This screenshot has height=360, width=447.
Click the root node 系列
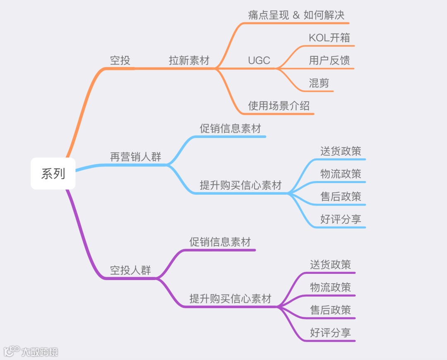(x=53, y=174)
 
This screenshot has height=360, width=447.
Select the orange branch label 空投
(x=120, y=60)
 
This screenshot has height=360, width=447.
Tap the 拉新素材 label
(x=189, y=60)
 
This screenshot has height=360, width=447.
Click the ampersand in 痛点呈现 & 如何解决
(x=296, y=16)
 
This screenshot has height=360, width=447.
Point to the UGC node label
(x=259, y=60)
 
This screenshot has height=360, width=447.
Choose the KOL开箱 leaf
(x=329, y=38)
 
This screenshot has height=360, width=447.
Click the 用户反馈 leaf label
(x=329, y=60)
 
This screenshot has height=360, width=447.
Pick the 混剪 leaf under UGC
(x=319, y=83)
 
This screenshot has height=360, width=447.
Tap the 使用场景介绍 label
(x=279, y=106)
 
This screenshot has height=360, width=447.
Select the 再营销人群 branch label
(x=135, y=157)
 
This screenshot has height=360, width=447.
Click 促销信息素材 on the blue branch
(x=230, y=128)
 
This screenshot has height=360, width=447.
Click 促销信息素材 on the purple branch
(x=220, y=242)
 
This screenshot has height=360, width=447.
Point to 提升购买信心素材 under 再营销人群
(x=240, y=185)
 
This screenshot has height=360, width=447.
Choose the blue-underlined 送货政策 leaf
(x=341, y=151)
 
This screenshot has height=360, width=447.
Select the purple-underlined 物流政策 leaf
(x=330, y=287)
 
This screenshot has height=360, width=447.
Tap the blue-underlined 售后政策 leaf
(x=341, y=196)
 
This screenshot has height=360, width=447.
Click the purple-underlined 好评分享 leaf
(x=330, y=332)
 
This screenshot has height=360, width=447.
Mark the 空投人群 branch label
(x=130, y=271)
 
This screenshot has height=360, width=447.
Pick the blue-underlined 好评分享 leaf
(x=341, y=219)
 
